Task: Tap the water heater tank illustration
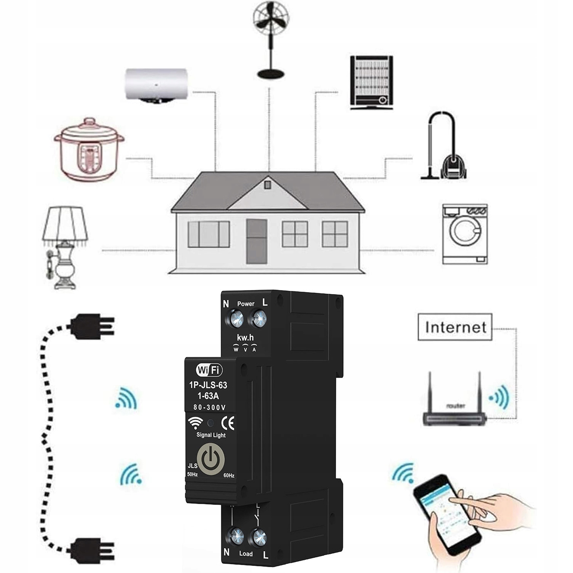click(x=156, y=85)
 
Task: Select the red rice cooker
click(x=89, y=149)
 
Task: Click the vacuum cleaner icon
click(x=445, y=147)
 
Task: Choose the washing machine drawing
click(x=465, y=234)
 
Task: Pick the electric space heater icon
click(x=371, y=82)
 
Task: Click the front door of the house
click(x=256, y=241)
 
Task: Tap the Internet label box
click(x=455, y=327)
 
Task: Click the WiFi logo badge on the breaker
click(x=209, y=370)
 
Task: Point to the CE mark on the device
click(x=228, y=423)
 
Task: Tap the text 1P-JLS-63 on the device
click(x=208, y=385)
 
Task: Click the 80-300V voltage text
click(x=210, y=408)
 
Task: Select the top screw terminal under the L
click(x=259, y=318)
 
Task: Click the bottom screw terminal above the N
click(x=236, y=536)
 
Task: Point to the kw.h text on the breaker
click(x=245, y=338)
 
